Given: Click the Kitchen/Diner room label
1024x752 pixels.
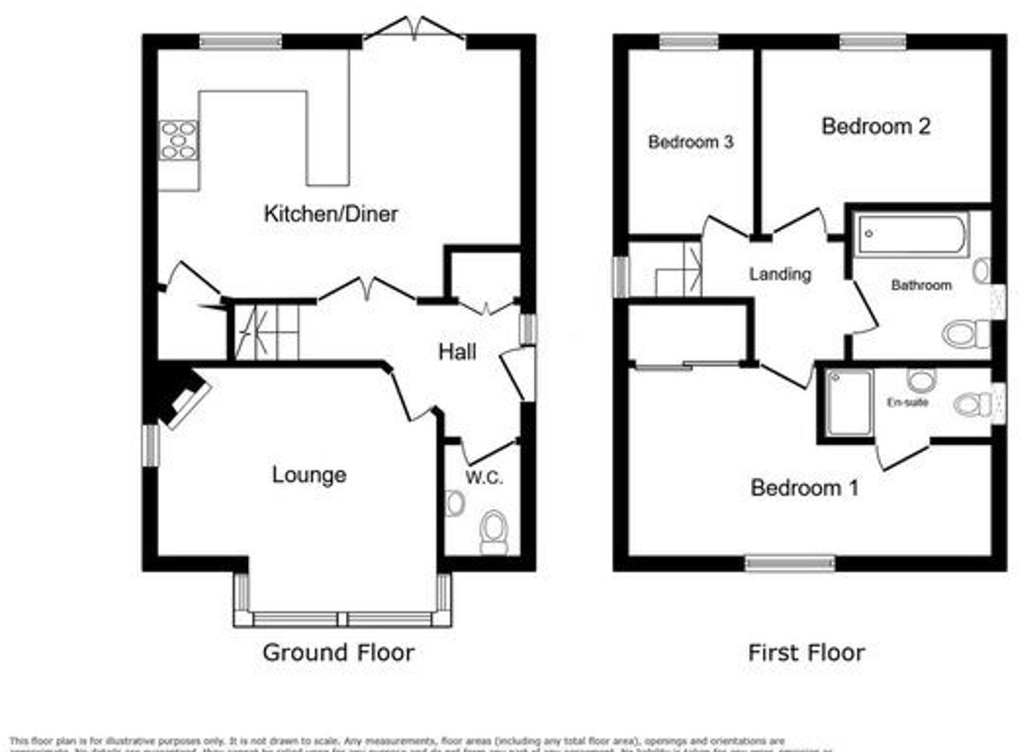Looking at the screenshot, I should click(331, 214).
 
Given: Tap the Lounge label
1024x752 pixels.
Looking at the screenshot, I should click(309, 475).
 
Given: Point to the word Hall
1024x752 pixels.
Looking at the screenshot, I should click(457, 352).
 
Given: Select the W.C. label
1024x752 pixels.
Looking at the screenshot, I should click(484, 478).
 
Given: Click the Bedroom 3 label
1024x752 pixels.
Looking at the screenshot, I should click(690, 142).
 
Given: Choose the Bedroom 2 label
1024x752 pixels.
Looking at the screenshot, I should click(875, 126).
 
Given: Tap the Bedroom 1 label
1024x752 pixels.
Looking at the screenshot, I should click(804, 488).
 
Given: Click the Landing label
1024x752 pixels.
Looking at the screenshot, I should click(780, 274).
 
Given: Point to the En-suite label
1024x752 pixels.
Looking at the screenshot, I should click(907, 402).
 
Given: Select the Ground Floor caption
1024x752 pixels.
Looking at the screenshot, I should click(338, 652).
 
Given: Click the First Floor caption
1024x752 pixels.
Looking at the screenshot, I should click(806, 652).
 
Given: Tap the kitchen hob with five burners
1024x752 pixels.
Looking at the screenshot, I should click(178, 140).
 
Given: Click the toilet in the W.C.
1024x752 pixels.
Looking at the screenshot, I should click(494, 532).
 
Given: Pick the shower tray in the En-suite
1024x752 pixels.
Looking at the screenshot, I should click(848, 403).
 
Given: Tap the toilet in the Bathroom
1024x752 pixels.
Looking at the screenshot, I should click(965, 334).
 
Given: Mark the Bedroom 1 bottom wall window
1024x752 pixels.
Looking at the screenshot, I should click(790, 563).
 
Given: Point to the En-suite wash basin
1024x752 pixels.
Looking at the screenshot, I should click(921, 380).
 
